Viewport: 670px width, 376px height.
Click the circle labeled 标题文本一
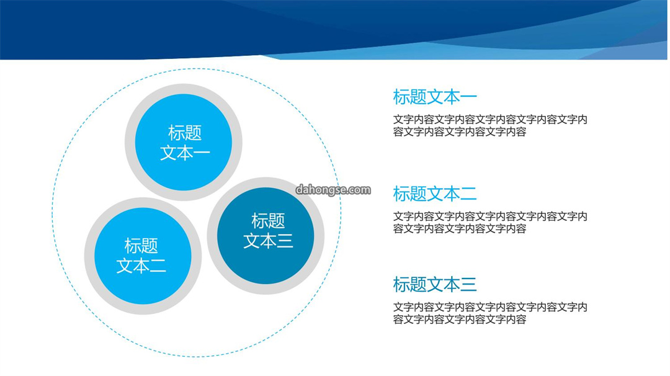pos(184,142)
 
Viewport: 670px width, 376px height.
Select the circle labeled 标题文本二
pos(143,256)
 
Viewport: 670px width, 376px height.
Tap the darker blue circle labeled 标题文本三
pos(266,236)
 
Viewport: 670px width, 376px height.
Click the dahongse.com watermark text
pos(333,190)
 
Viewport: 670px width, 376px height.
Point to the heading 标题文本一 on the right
pos(435,97)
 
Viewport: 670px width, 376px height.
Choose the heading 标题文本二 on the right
pos(435,194)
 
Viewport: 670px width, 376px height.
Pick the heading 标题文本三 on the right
pos(435,285)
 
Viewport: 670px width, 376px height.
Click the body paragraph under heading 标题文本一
pos(490,125)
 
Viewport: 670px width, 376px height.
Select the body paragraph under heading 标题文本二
pos(490,223)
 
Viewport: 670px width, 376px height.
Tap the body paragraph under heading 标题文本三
pos(490,313)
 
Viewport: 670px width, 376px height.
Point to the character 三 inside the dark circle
pos(285,241)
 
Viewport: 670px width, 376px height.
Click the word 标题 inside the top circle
pos(185,133)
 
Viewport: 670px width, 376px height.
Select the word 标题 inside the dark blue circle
pos(268,221)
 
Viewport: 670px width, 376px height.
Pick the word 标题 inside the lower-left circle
pos(141,246)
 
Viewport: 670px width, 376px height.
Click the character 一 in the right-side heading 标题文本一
pos(469,97)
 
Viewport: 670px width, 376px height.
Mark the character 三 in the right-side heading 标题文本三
pos(469,285)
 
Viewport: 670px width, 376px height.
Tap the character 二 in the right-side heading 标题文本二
pos(469,194)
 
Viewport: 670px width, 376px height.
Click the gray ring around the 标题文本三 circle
pos(266,182)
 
